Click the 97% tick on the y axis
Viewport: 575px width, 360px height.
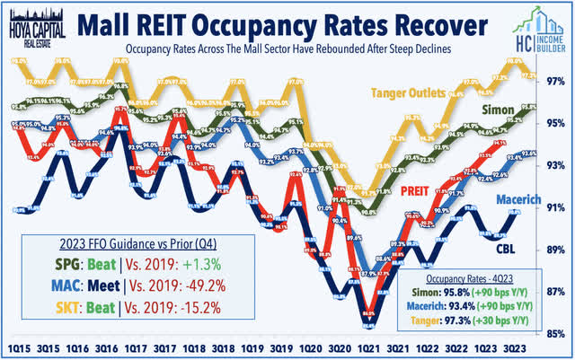(x=555, y=81)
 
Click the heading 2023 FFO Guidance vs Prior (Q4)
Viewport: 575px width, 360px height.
(x=123, y=243)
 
